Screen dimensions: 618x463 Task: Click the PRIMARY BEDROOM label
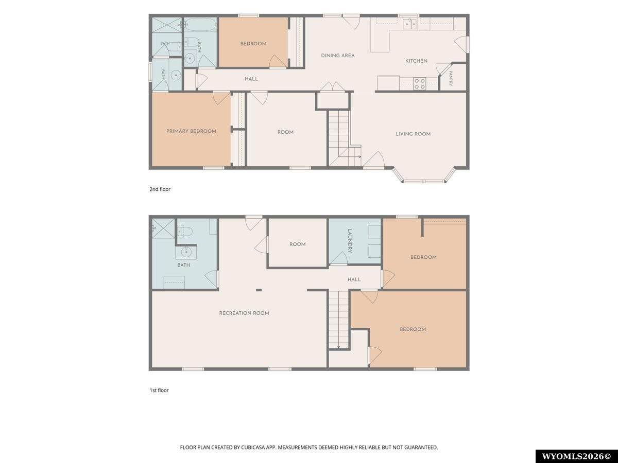tap(191, 131)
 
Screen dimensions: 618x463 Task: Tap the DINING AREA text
tap(337, 56)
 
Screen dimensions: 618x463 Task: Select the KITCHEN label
tap(416, 61)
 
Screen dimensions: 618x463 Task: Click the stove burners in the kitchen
tap(419, 84)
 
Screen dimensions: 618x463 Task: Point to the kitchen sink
tap(409, 24)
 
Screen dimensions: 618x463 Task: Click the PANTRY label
tap(451, 78)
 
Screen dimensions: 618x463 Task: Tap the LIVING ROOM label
tap(413, 134)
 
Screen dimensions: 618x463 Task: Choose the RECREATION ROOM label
tap(244, 313)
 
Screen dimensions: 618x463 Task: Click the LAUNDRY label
tap(350, 241)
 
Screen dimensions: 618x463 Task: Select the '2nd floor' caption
tap(160, 189)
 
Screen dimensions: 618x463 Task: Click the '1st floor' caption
tap(159, 390)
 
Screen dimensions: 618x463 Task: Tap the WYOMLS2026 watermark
tap(576, 456)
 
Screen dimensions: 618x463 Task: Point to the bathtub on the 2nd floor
tap(200, 25)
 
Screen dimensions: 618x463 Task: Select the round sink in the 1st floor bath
tap(186, 252)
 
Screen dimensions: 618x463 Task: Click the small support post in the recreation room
tap(259, 290)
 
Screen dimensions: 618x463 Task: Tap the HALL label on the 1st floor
tap(354, 279)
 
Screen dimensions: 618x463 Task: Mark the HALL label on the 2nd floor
tap(251, 79)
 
